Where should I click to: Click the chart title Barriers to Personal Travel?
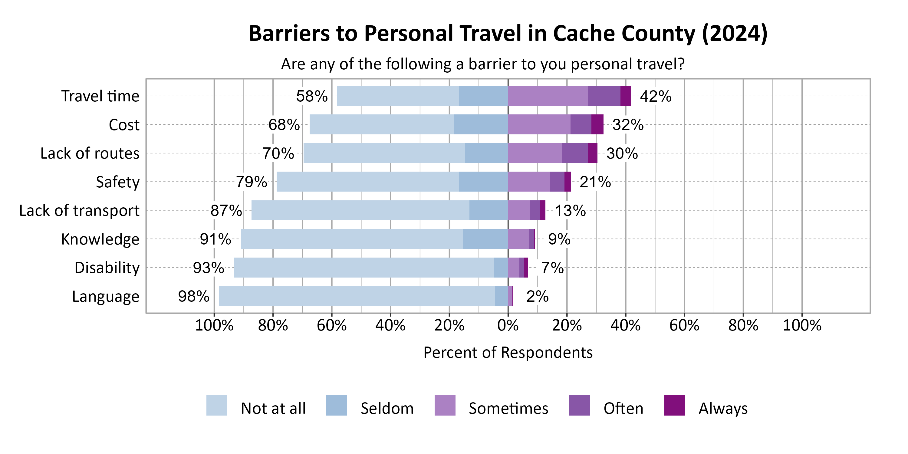pyautogui.click(x=508, y=34)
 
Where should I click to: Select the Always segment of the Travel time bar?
pyautogui.click(x=626, y=96)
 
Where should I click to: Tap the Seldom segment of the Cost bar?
pyautogui.click(x=481, y=124)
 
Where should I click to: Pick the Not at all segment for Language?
pyautogui.click(x=357, y=296)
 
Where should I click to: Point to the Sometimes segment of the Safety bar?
pyautogui.click(x=529, y=182)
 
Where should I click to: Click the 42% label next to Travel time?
pyautogui.click(x=656, y=96)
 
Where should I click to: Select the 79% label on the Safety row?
pyautogui.click(x=251, y=182)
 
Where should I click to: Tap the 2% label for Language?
pyautogui.click(x=537, y=296)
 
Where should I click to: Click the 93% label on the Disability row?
pyautogui.click(x=208, y=268)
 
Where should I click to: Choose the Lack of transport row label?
pyautogui.click(x=79, y=210)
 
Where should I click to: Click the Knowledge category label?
pyautogui.click(x=100, y=239)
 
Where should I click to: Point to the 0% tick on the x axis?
pyautogui.click(x=508, y=325)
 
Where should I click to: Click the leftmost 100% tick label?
pyautogui.click(x=214, y=325)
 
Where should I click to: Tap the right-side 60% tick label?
pyautogui.click(x=684, y=325)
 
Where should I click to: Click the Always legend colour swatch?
pyautogui.click(x=675, y=405)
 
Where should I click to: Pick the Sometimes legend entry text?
pyautogui.click(x=508, y=408)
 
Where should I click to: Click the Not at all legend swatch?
pyautogui.click(x=217, y=405)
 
